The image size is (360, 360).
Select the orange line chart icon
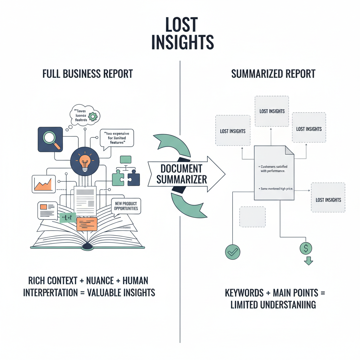(44, 184)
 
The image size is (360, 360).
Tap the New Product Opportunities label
(126, 206)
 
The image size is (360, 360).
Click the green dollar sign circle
(306, 249)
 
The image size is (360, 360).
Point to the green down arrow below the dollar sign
(308, 261)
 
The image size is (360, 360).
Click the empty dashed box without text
(252, 217)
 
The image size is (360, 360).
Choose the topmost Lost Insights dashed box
(272, 111)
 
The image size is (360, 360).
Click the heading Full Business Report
(87, 74)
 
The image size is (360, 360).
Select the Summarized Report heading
(273, 74)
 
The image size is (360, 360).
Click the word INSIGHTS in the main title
(182, 42)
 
